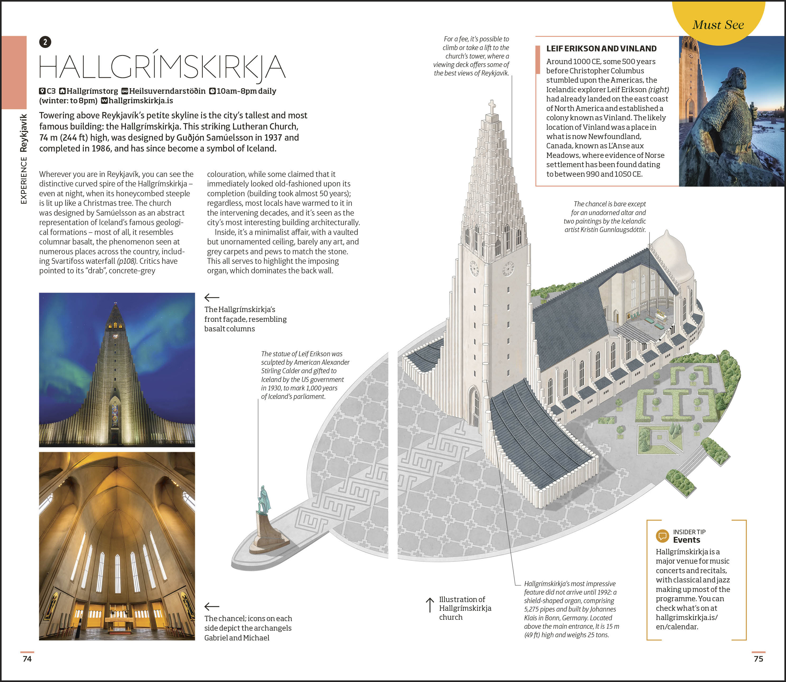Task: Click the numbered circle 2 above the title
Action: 45,42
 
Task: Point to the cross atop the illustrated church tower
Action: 492,106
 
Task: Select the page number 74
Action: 27,659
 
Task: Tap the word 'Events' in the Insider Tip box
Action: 687,540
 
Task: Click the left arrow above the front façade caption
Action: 212,297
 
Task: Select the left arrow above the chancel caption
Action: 212,607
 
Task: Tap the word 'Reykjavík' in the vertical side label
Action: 24,133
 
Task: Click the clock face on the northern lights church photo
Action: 115,336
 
